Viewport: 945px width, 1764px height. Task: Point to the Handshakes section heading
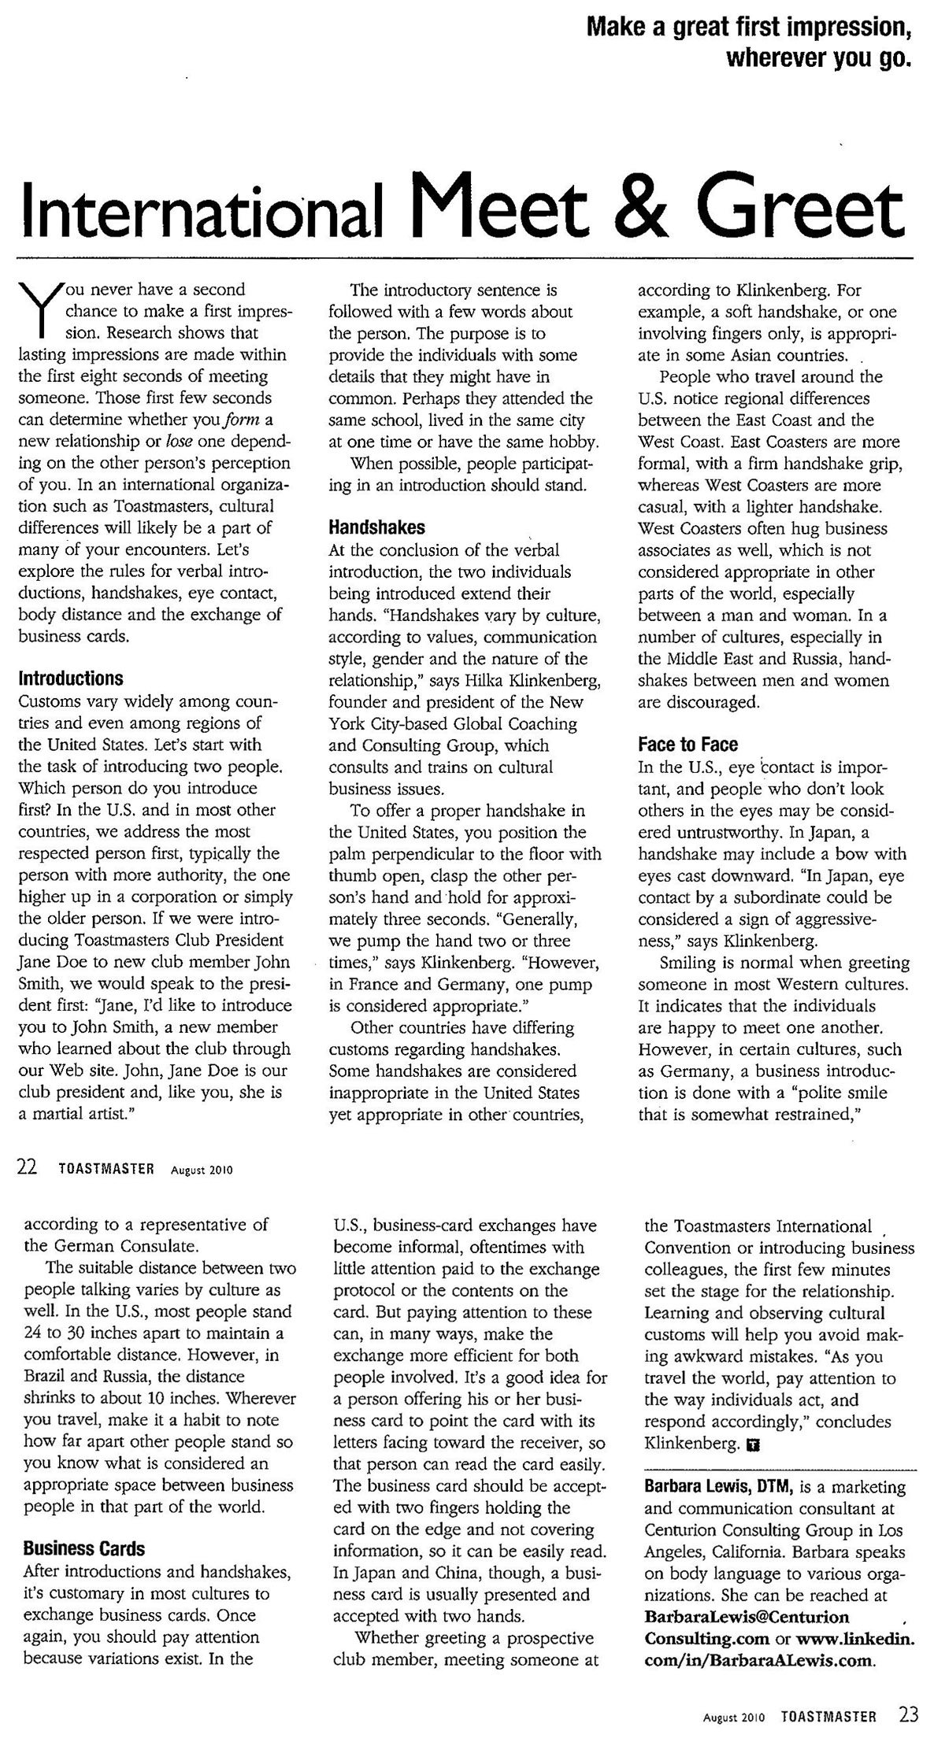click(x=376, y=527)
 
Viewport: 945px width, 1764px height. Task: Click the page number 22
click(x=27, y=1169)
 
